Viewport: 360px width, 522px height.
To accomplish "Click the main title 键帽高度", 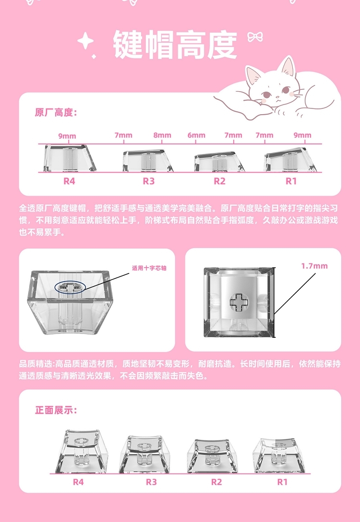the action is pos(175,45).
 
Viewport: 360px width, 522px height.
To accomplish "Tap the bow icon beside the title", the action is pos(255,37).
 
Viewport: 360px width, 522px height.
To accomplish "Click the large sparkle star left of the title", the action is pos(85,42).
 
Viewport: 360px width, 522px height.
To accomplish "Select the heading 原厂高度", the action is pos(56,113).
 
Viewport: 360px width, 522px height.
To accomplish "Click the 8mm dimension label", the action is pos(162,135).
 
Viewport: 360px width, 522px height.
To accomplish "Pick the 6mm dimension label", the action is pos(196,135).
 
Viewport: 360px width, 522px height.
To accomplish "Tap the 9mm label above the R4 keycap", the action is pos(67,136).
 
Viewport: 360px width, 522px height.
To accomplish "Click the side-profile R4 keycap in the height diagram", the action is pos(70,158).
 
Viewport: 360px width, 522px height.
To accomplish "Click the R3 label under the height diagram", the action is pos(149,181).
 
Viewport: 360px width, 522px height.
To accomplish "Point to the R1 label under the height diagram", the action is pos(291,181).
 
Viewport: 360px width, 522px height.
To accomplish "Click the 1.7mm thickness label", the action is pos(314,266).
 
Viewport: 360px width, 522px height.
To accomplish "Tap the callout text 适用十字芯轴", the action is pos(149,268).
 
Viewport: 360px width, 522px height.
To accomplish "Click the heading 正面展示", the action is pos(56,410).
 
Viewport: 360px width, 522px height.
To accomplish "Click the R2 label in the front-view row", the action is pos(216,482).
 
